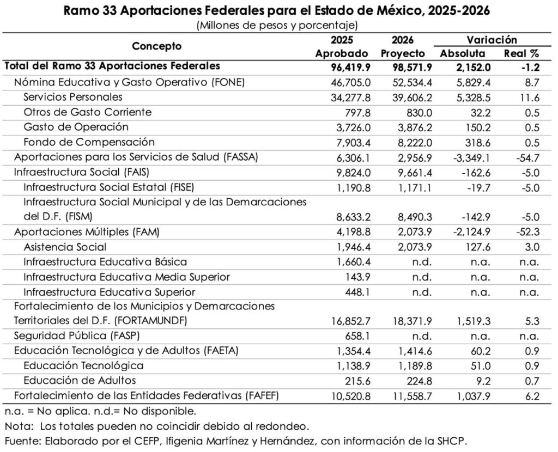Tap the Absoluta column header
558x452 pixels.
pyautogui.click(x=462, y=53)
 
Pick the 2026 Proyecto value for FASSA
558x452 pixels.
pyautogui.click(x=409, y=157)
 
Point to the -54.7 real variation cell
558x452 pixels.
pyautogui.click(x=526, y=157)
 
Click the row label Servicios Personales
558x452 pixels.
pyautogui.click(x=73, y=97)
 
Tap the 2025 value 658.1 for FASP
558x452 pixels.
pyautogui.click(x=357, y=336)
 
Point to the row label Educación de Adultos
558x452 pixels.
pyautogui.click(x=80, y=381)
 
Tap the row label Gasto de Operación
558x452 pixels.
pyautogui.click(x=76, y=127)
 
